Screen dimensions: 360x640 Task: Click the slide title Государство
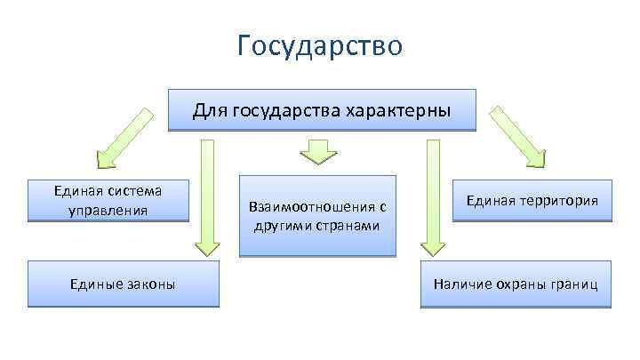point(320,45)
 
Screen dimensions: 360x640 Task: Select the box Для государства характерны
point(322,110)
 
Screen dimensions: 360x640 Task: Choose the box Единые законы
point(123,284)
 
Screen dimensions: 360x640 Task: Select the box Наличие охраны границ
point(516,284)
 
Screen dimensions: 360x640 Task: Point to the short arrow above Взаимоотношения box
point(315,150)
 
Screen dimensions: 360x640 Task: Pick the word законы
point(150,284)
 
